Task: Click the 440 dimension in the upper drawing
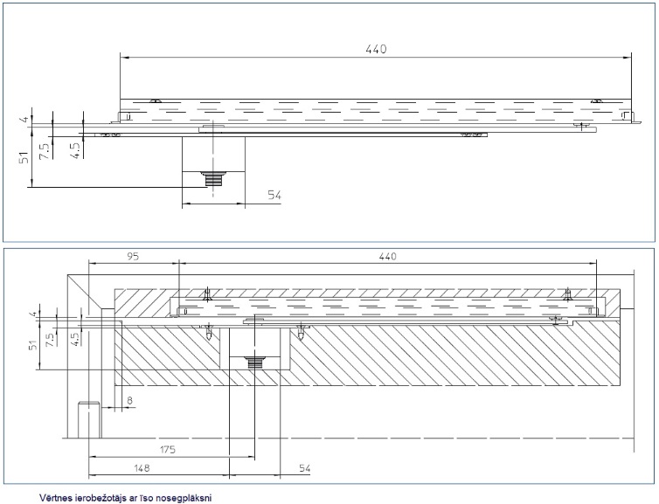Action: (375, 49)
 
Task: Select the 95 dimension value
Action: (133, 257)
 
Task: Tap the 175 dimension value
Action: (169, 449)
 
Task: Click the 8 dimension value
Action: (129, 401)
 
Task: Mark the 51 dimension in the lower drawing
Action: (34, 348)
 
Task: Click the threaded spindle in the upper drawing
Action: (212, 179)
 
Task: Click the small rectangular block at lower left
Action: (88, 418)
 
